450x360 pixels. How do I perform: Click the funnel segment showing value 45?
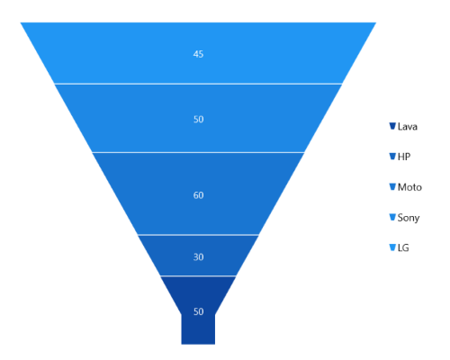pos(198,53)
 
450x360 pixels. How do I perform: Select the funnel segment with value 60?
pos(198,193)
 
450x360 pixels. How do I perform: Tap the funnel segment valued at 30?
pos(198,256)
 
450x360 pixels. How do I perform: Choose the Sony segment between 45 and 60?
pos(198,118)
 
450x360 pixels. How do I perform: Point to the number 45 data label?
pos(198,54)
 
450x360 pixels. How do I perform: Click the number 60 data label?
pos(198,195)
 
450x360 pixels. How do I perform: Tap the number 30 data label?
pos(198,257)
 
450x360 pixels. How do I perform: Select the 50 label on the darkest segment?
pos(198,311)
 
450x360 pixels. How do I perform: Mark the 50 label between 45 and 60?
pos(198,120)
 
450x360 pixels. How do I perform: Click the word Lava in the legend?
pos(408,127)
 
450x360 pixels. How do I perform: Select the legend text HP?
pos(404,157)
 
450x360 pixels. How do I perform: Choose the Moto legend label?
pos(409,187)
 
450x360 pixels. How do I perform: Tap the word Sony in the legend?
pos(409,218)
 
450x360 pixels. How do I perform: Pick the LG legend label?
pos(403,247)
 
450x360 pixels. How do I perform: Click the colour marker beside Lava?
pos(392,126)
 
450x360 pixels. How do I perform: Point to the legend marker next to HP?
pos(392,157)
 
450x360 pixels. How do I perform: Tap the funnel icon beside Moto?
pos(392,186)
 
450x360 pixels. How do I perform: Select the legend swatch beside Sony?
pos(392,217)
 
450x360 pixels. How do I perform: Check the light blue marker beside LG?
pos(392,247)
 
